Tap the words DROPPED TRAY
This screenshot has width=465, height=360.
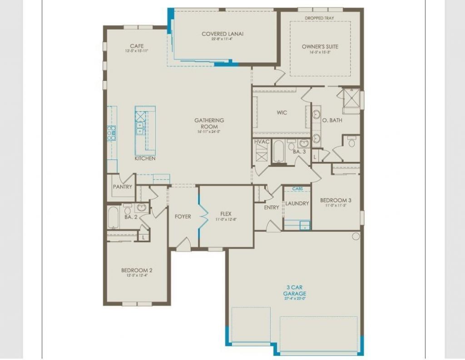tap(320, 19)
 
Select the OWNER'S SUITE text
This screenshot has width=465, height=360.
tap(320, 46)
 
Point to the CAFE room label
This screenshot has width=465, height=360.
tap(137, 46)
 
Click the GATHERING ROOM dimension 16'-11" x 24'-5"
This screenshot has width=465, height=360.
tap(209, 132)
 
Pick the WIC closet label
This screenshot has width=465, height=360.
tap(282, 112)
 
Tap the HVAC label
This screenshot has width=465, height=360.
tap(262, 142)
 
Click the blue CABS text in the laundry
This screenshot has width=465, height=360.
tap(297, 189)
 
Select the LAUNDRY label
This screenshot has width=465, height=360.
tap(297, 203)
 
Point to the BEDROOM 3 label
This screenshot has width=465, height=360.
tap(336, 200)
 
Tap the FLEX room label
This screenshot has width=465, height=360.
tap(226, 213)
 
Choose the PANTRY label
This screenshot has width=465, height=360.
tap(123, 187)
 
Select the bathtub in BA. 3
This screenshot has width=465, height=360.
tap(278, 153)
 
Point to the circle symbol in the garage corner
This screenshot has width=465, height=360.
tap(356, 236)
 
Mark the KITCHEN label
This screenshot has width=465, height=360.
tap(145, 159)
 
